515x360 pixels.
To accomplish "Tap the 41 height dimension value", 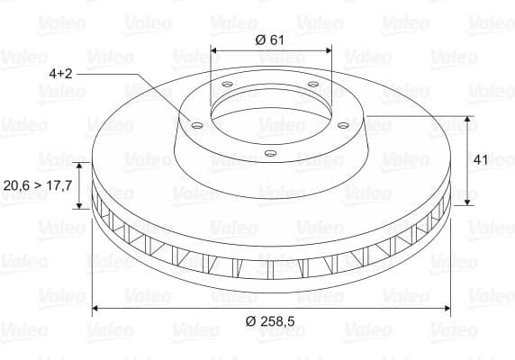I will click(x=480, y=159).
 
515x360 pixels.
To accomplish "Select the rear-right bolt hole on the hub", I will click(x=312, y=85).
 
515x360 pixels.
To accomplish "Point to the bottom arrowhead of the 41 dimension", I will click(x=468, y=202).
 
